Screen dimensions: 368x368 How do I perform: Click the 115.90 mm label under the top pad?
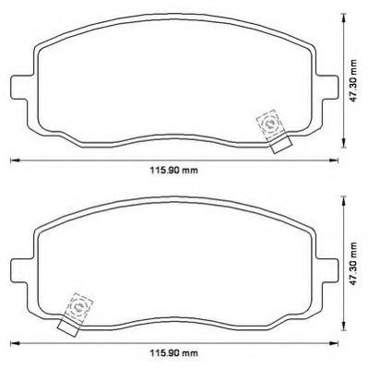tap(174, 170)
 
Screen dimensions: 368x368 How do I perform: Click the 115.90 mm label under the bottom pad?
tap(174, 352)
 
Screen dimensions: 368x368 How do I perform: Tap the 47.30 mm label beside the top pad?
tap(354, 81)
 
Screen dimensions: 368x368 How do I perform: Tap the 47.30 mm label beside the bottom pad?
tap(354, 264)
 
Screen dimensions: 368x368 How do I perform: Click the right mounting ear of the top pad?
tap(328, 88)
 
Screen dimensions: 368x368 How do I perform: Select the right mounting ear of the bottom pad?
tap(328, 269)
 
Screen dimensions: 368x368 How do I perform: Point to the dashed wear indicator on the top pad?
tap(270, 125)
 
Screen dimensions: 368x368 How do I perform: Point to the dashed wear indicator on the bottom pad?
tap(78, 307)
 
